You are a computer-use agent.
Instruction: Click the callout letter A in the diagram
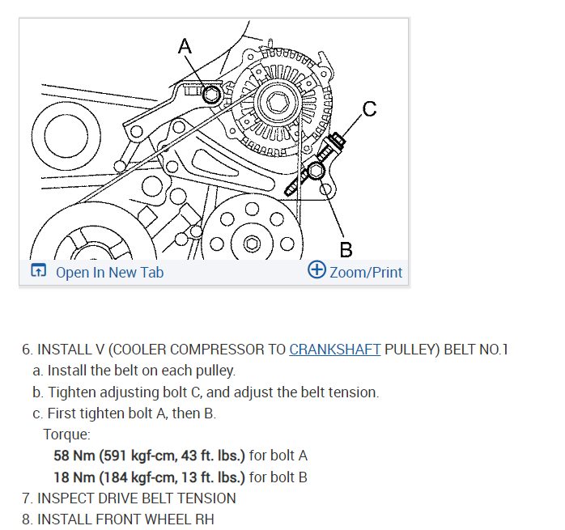click(x=185, y=46)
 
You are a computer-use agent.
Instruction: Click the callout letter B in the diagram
click(x=346, y=248)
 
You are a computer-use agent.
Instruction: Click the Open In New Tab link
click(x=109, y=272)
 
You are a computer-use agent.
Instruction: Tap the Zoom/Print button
click(x=366, y=272)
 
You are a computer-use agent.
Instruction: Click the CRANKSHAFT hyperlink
click(x=334, y=350)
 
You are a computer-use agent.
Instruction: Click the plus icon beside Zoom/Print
click(x=316, y=270)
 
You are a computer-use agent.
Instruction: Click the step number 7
click(x=27, y=498)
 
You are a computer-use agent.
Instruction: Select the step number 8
click(x=27, y=519)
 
